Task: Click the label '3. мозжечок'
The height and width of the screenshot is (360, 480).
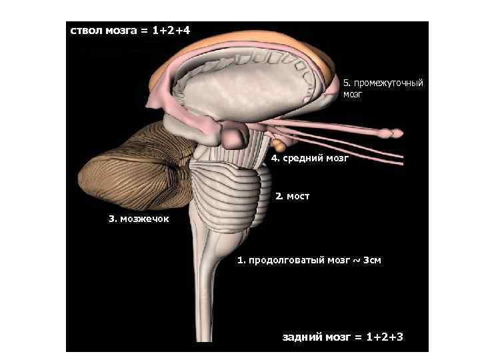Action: click(x=139, y=219)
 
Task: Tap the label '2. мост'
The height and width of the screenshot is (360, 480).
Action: click(x=292, y=197)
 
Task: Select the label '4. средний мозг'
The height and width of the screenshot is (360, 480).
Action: click(x=309, y=159)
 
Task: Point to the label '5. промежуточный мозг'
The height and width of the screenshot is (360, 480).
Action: click(x=383, y=89)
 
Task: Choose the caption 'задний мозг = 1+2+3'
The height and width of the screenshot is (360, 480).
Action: click(x=343, y=337)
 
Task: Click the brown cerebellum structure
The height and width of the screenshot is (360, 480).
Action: click(x=130, y=167)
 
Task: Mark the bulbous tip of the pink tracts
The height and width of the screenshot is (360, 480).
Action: click(x=395, y=133)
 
